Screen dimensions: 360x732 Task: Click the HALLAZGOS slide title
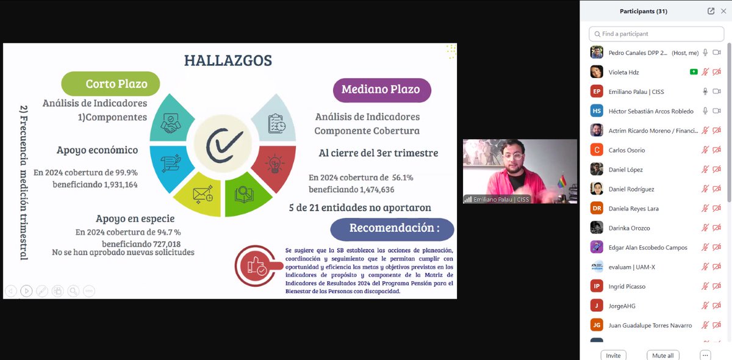coord(228,60)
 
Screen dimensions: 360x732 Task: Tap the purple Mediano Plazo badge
coord(381,89)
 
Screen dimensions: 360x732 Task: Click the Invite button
coord(613,355)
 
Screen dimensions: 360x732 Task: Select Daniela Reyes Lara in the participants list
coord(633,209)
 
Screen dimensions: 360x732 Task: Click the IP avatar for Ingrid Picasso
coord(597,286)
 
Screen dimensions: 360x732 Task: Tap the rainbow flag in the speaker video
coord(562,182)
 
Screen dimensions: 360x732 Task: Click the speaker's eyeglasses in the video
coord(514,156)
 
